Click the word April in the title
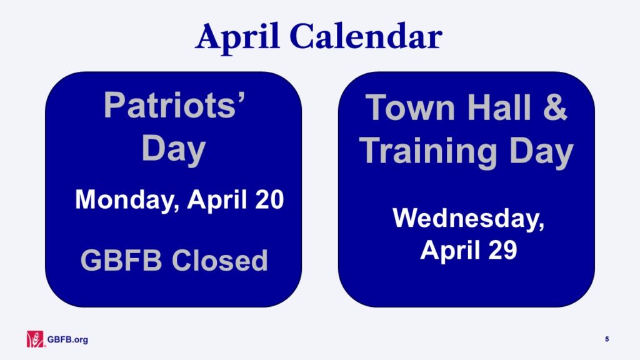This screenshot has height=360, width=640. coord(237,37)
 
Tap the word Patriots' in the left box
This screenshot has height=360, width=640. coord(174,105)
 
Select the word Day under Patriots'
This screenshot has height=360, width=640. coord(174,150)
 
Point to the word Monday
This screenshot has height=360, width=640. coord(127,200)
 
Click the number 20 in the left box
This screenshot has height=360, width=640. coord(269,199)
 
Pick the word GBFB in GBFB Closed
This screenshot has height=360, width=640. coord(121,260)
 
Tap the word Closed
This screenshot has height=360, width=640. coord(219,260)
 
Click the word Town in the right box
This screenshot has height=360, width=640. coord(410,107)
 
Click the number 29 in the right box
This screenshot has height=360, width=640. coord(502,249)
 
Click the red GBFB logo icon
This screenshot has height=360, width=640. coord(35,339)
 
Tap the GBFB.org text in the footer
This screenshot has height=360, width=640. coord(67,339)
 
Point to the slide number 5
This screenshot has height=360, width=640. coord(607,339)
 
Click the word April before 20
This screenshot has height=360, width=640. coord(217,201)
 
